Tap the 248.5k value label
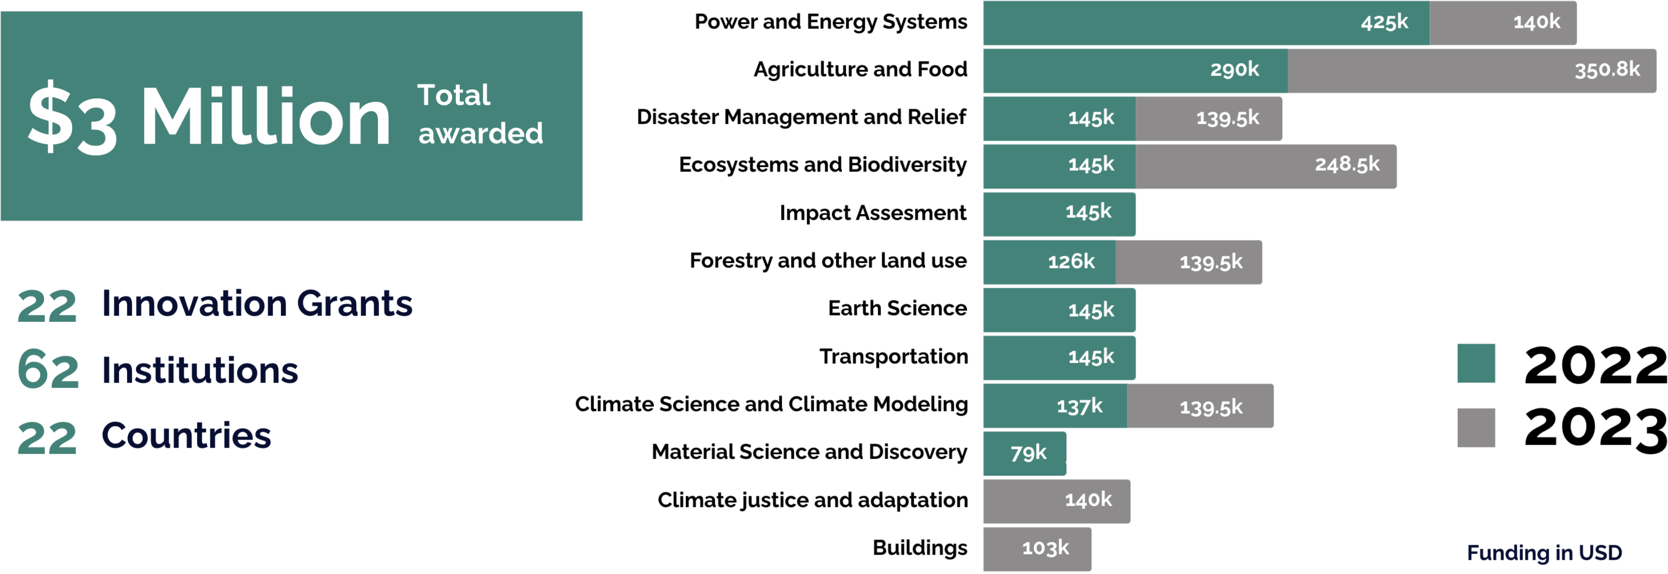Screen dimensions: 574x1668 point(1347,165)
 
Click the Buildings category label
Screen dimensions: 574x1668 point(920,548)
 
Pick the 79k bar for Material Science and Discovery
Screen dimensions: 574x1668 point(1024,454)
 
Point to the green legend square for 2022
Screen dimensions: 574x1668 point(1475,364)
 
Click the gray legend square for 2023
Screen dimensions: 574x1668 point(1475,428)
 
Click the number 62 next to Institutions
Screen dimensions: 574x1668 point(48,370)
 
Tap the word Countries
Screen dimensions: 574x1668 point(186,435)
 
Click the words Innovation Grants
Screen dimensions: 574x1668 point(257,303)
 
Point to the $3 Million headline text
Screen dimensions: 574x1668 point(208,118)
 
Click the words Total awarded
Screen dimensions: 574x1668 point(479,115)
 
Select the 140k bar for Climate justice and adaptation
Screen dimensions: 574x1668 point(1056,501)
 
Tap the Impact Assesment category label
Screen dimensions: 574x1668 point(872,213)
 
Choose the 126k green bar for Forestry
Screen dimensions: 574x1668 point(1049,262)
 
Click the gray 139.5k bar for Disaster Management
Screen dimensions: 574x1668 point(1208,118)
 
